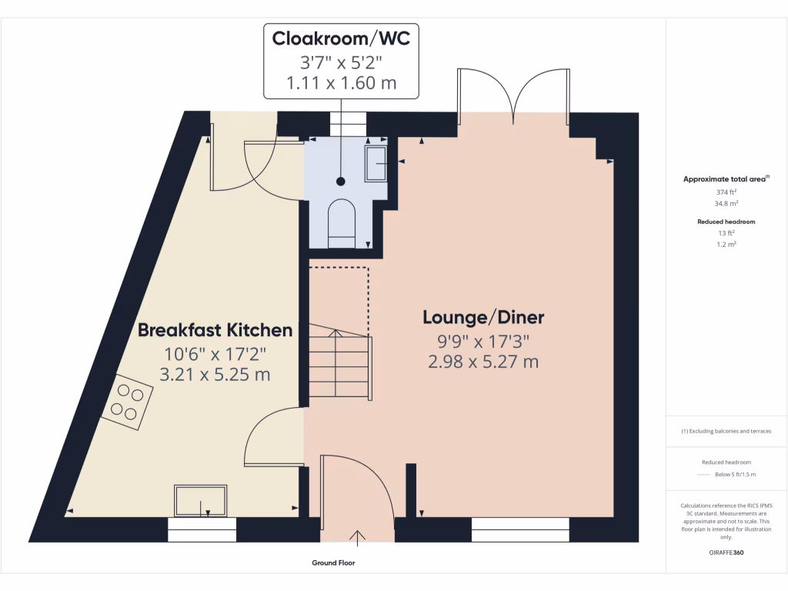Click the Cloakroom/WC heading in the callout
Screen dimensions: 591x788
(x=341, y=38)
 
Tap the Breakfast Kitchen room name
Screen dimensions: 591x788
(x=215, y=330)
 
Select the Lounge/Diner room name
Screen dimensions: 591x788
(x=483, y=317)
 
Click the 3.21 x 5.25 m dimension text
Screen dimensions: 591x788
(x=215, y=375)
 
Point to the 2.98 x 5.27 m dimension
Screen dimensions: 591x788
(x=483, y=361)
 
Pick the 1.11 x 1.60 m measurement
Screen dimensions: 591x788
(x=341, y=82)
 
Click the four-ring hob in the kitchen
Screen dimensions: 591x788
(x=127, y=401)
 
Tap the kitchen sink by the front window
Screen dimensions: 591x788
(x=201, y=501)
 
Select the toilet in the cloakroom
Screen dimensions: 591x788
(x=342, y=224)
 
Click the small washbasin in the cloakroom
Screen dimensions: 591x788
(x=376, y=163)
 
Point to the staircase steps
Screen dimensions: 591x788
(x=339, y=362)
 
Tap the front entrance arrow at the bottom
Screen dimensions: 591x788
(x=358, y=536)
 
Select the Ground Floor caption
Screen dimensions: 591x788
(x=333, y=563)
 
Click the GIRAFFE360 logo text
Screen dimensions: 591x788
(x=726, y=553)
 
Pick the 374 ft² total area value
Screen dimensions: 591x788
(x=726, y=192)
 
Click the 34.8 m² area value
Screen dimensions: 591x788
(x=726, y=204)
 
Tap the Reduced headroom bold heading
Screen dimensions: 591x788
(x=726, y=222)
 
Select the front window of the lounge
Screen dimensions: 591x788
(x=520, y=529)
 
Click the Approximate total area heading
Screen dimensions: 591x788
(x=725, y=179)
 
